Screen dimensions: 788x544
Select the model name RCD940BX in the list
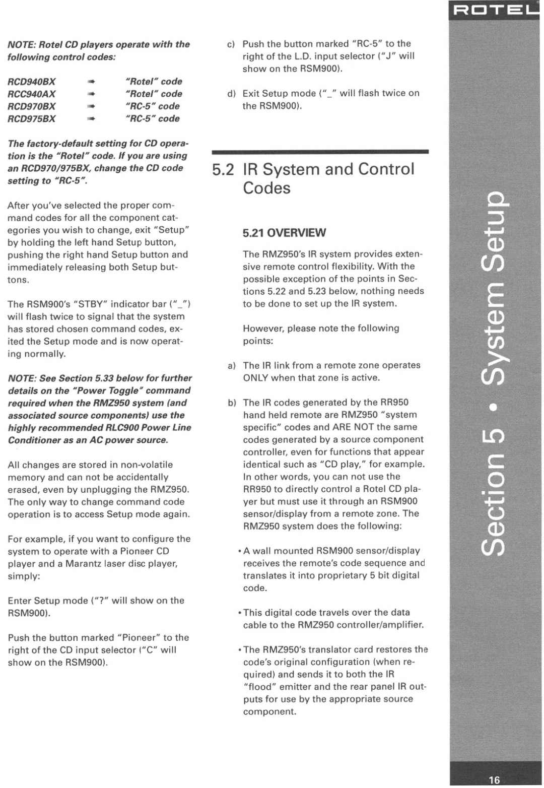pyautogui.click(x=31, y=82)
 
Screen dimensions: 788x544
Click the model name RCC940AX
pyautogui.click(x=31, y=94)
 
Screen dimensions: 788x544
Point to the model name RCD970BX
pyautogui.click(x=31, y=106)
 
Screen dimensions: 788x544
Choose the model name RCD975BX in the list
pyautogui.click(x=31, y=119)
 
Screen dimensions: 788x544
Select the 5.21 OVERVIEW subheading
pyautogui.click(x=284, y=233)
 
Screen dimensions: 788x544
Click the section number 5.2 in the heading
pyautogui.click(x=223, y=169)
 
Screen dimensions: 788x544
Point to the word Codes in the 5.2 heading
pyautogui.click(x=266, y=188)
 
